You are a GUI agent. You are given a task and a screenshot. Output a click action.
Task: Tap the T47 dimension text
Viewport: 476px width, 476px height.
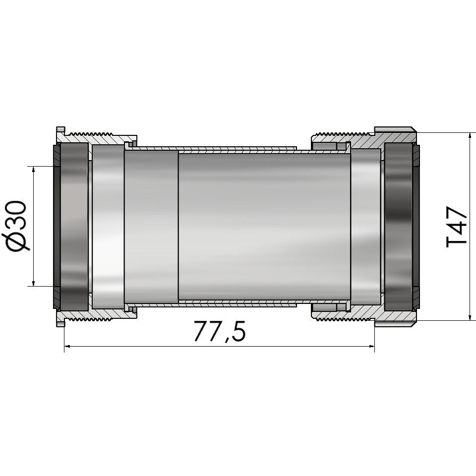pyautogui.click(x=457, y=226)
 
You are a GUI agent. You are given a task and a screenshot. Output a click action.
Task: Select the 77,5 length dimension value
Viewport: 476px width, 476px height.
pyautogui.click(x=219, y=332)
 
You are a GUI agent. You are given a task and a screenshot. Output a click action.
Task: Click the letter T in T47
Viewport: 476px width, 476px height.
pyautogui.click(x=457, y=240)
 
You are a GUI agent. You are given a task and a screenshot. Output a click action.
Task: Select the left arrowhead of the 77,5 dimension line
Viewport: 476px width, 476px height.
pyautogui.click(x=68, y=347)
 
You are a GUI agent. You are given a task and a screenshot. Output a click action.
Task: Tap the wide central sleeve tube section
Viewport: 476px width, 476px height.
pyautogui.click(x=263, y=226)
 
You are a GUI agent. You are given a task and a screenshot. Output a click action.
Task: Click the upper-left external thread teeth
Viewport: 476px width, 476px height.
pyautogui.click(x=89, y=134)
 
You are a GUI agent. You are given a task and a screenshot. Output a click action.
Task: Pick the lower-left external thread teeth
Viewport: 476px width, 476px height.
pyautogui.click(x=89, y=319)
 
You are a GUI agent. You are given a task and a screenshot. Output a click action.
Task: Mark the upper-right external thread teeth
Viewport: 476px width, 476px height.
pyautogui.click(x=342, y=134)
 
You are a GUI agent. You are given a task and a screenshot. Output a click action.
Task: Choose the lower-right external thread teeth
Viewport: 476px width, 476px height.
pyautogui.click(x=342, y=319)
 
